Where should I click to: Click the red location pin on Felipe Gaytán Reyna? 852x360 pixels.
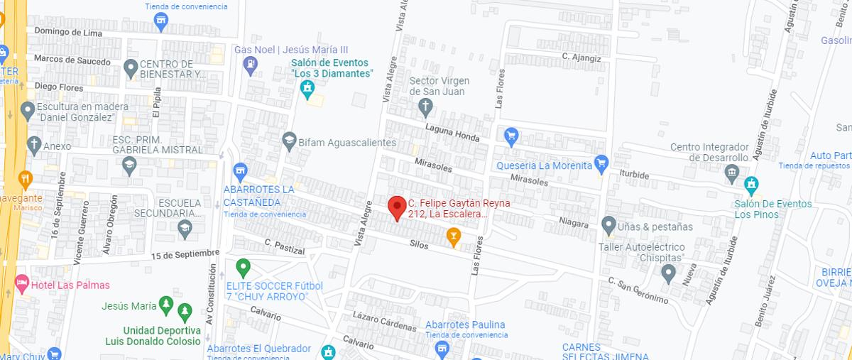[397, 207]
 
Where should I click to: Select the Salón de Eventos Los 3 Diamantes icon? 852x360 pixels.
[307, 89]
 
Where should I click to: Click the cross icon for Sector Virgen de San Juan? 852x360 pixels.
[425, 108]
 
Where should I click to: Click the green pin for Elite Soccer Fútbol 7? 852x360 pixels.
[244, 268]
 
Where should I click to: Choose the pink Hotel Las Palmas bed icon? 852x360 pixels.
[21, 285]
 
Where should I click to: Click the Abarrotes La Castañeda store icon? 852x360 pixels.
[241, 171]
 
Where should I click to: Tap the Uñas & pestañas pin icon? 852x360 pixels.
[608, 226]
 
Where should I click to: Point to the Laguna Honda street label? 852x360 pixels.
[453, 133]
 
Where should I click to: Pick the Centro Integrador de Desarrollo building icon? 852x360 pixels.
[732, 173]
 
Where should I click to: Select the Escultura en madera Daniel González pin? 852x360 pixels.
[28, 111]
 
